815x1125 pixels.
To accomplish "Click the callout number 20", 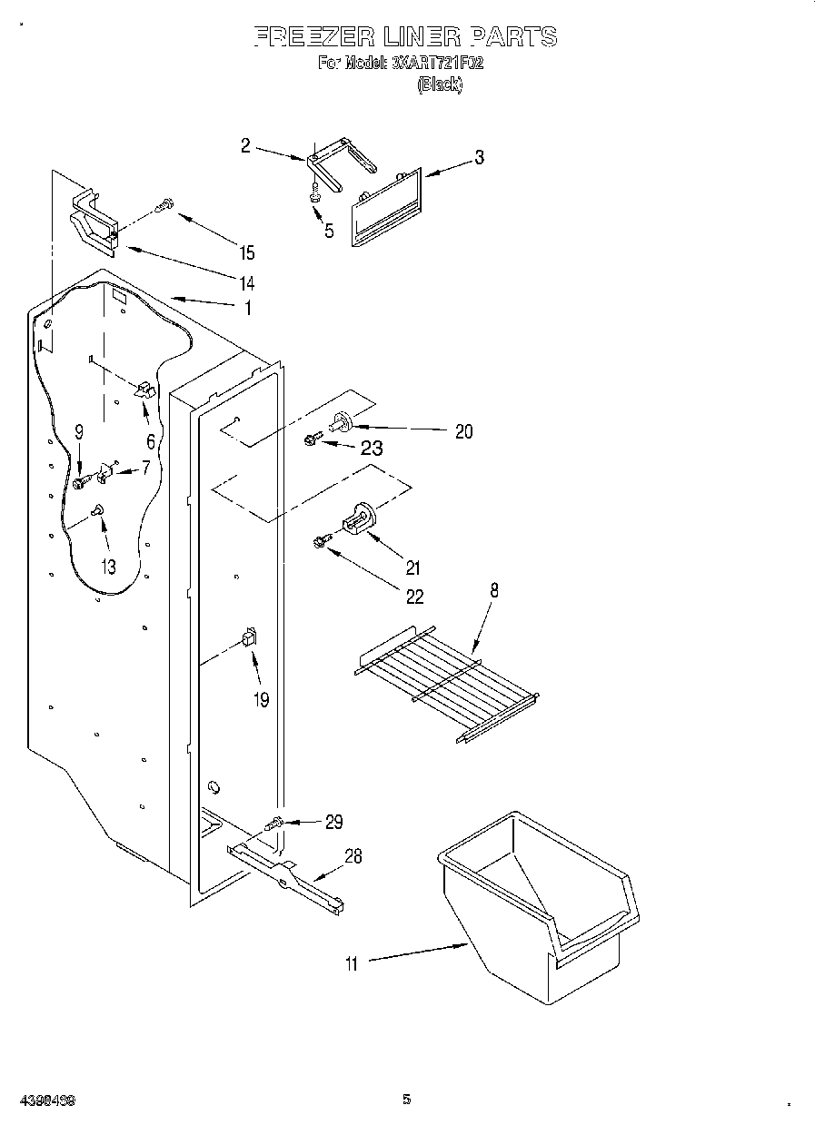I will point(463,432).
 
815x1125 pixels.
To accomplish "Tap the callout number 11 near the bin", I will point(352,964).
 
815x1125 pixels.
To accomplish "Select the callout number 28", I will point(353,855).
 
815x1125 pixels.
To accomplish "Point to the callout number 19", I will point(262,700).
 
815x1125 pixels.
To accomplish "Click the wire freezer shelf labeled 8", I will point(445,677).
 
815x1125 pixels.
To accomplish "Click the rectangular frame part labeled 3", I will point(386,209).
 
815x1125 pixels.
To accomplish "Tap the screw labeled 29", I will point(275,823).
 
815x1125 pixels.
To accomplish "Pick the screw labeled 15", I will point(164,206).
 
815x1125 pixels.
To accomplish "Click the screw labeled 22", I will point(319,542).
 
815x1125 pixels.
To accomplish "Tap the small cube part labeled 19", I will point(248,637).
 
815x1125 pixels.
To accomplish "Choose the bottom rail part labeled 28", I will point(286,879).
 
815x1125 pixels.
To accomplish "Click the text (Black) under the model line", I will point(440,84).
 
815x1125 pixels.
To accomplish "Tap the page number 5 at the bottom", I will point(407,1100).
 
